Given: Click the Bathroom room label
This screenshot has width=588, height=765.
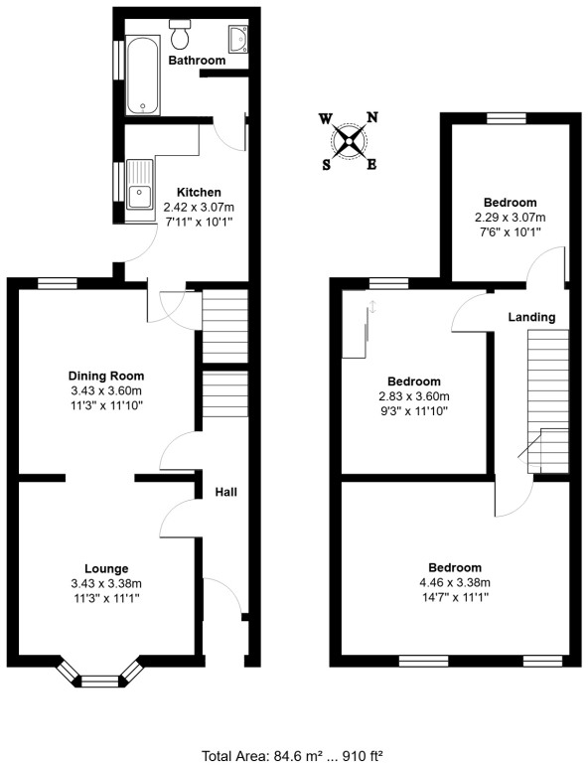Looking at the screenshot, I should (x=197, y=61).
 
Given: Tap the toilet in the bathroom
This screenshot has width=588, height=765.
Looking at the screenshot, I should (x=181, y=37).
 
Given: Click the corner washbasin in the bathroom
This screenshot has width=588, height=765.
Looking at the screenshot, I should (x=236, y=39).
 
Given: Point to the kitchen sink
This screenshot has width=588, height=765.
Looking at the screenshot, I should (x=139, y=186).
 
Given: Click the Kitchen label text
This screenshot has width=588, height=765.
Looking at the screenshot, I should (x=199, y=192).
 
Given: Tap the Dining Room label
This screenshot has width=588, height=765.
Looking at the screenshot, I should (x=106, y=376).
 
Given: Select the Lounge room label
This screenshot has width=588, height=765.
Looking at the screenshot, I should (x=106, y=568).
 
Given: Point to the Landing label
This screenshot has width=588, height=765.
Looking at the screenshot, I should (x=531, y=317).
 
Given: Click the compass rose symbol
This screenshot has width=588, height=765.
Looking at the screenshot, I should (x=349, y=140).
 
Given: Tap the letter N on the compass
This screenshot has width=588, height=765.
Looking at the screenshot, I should (x=372, y=117).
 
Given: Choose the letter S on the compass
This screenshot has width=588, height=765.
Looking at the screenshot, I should (x=326, y=165).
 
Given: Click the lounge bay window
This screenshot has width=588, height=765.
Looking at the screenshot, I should (x=98, y=681).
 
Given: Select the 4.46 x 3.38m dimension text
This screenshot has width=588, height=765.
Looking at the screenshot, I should (x=455, y=582).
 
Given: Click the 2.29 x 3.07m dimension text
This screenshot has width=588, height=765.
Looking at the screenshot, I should (x=511, y=217).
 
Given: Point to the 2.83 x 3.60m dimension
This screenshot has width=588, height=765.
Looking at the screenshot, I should (x=414, y=396).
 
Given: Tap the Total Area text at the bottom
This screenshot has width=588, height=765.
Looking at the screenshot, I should (x=293, y=755).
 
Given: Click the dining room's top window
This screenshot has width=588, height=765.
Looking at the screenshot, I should (x=58, y=283).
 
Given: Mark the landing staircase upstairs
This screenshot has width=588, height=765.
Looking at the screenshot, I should (x=544, y=397).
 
